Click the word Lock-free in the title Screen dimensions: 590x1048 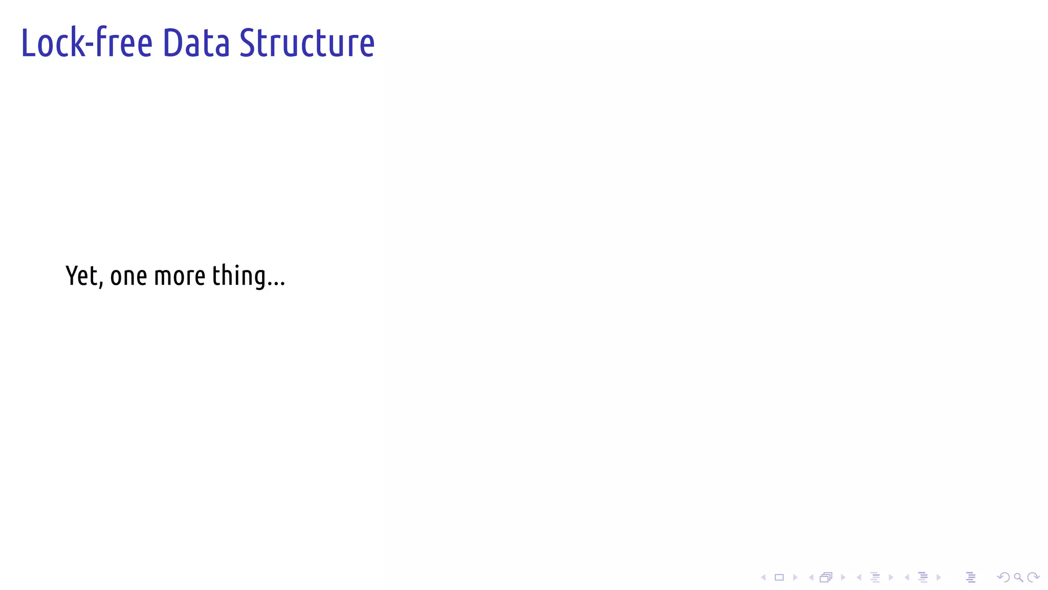pyautogui.click(x=86, y=43)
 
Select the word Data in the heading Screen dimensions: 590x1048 pyautogui.click(x=196, y=43)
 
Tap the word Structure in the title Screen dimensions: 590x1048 pyautogui.click(x=307, y=43)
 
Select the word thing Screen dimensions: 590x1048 pyautogui.click(x=239, y=277)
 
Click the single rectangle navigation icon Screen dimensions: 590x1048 pyautogui.click(x=779, y=578)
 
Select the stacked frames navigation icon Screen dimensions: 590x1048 pyautogui.click(x=826, y=578)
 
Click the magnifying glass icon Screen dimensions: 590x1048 pyautogui.click(x=1018, y=578)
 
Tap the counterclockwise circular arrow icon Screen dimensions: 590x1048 pyautogui.click(x=1003, y=578)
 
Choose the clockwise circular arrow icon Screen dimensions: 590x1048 pyautogui.click(x=1033, y=578)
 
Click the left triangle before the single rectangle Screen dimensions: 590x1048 pyautogui.click(x=763, y=578)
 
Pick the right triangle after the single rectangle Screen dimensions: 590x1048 pyautogui.click(x=795, y=578)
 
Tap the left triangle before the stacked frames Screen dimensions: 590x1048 pyautogui.click(x=811, y=578)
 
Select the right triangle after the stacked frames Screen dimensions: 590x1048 pyautogui.click(x=843, y=578)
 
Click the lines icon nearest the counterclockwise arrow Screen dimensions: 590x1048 pyautogui.click(x=971, y=578)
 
